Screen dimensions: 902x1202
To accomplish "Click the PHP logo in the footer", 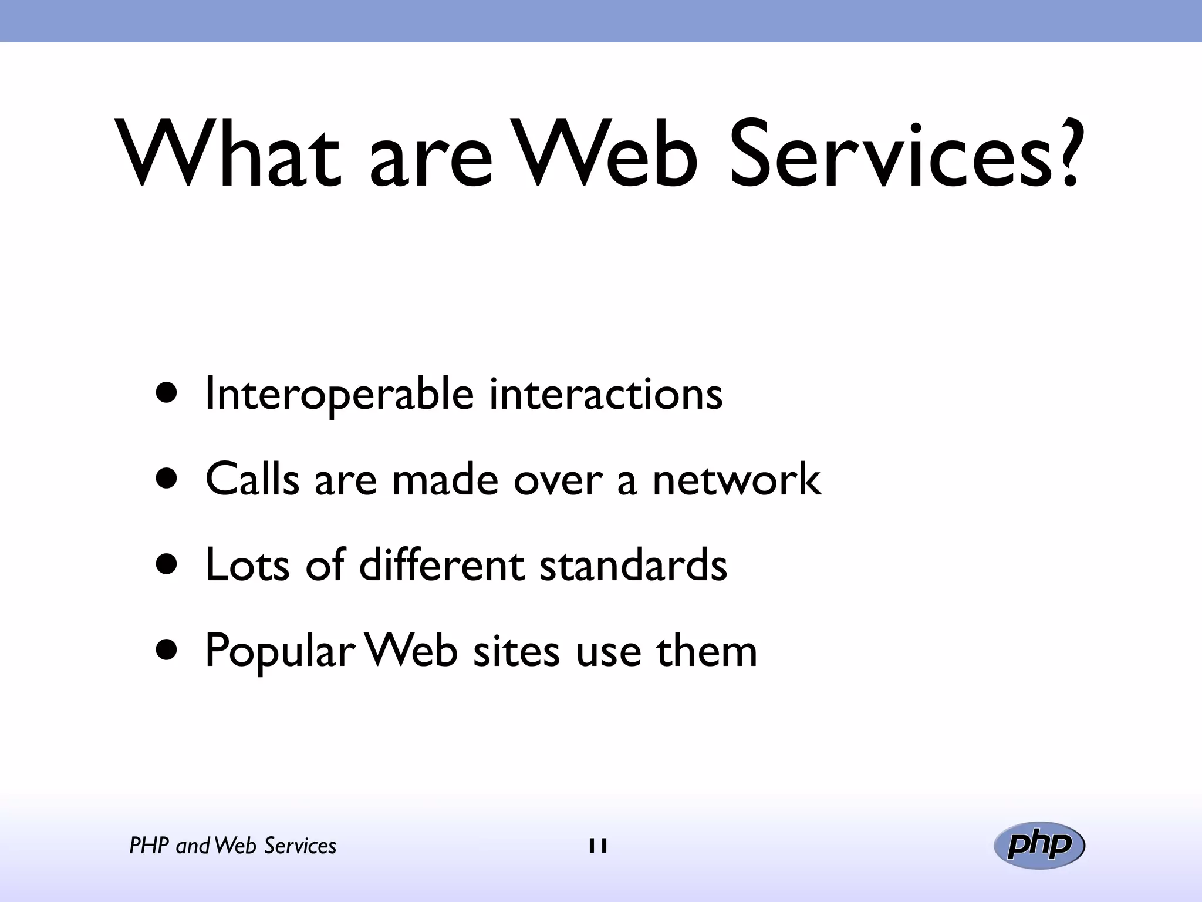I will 1039,845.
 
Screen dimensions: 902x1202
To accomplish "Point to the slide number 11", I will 598,846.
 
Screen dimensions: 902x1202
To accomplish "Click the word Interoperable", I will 339,395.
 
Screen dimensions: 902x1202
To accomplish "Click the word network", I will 736,479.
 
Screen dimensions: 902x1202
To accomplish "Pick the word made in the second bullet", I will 445,479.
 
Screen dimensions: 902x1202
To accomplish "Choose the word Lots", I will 247,565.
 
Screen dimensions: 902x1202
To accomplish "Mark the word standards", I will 633,565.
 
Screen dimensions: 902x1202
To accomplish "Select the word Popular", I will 279,652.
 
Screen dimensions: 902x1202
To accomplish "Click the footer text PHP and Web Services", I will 232,846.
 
